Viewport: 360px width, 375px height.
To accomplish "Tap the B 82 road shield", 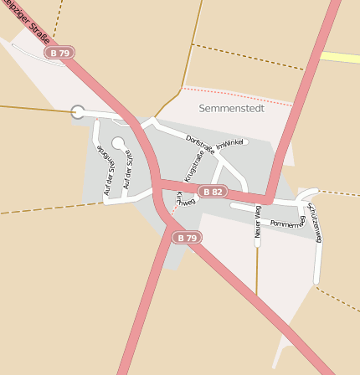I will pyautogui.click(x=212, y=192).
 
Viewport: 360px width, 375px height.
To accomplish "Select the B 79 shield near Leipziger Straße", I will pyautogui.click(x=60, y=53).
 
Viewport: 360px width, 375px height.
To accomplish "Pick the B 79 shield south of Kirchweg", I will pyautogui.click(x=188, y=238).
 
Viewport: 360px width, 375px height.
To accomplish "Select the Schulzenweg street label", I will pyautogui.click(x=314, y=223).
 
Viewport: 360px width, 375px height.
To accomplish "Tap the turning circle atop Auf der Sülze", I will pyautogui.click(x=118, y=143).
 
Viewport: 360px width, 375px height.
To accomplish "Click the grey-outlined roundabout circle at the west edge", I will pyautogui.click(x=78, y=111).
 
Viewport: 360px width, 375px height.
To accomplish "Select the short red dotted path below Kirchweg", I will pyautogui.click(x=172, y=217).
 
